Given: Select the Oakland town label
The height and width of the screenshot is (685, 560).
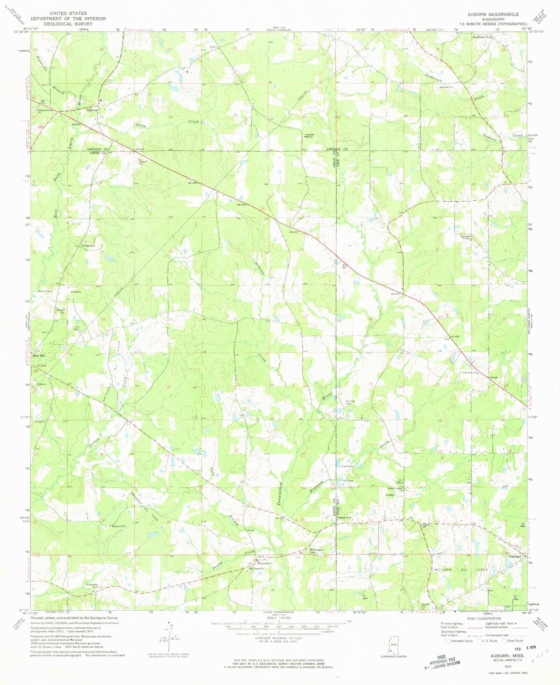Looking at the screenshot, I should (x=514, y=556).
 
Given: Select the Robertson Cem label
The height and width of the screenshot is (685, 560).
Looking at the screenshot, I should (x=90, y=585).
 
